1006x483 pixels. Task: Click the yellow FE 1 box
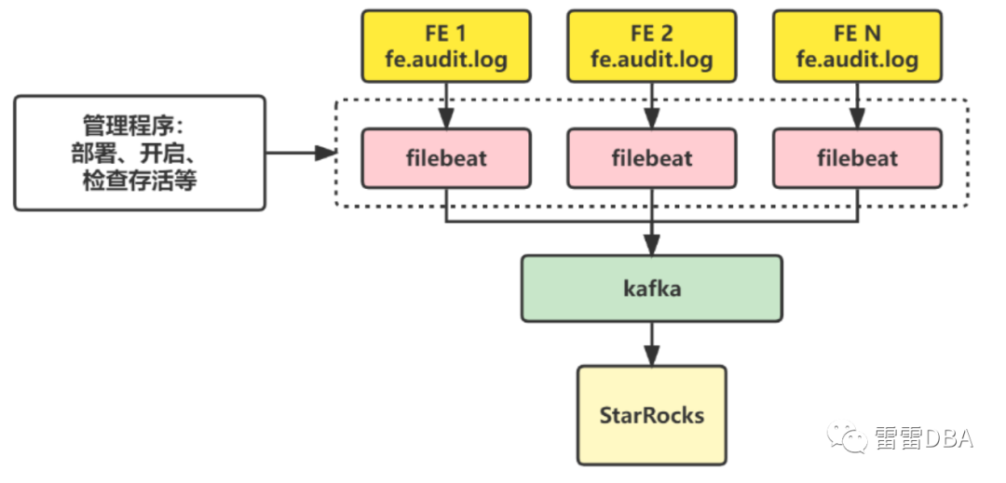tap(446, 47)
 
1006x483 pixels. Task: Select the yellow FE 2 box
tap(651, 47)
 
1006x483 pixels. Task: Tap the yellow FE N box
tap(857, 47)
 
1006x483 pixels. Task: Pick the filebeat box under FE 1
tap(446, 158)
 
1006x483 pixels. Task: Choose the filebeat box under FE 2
tap(651, 158)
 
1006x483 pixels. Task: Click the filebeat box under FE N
tap(857, 158)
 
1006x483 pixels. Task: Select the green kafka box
tap(650, 288)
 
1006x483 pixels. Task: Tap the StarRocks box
tap(651, 414)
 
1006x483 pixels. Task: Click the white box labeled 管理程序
tap(140, 153)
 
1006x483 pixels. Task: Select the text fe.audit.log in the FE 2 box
tap(651, 60)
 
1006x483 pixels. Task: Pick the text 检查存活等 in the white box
tap(140, 179)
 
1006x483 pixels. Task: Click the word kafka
tap(651, 288)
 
